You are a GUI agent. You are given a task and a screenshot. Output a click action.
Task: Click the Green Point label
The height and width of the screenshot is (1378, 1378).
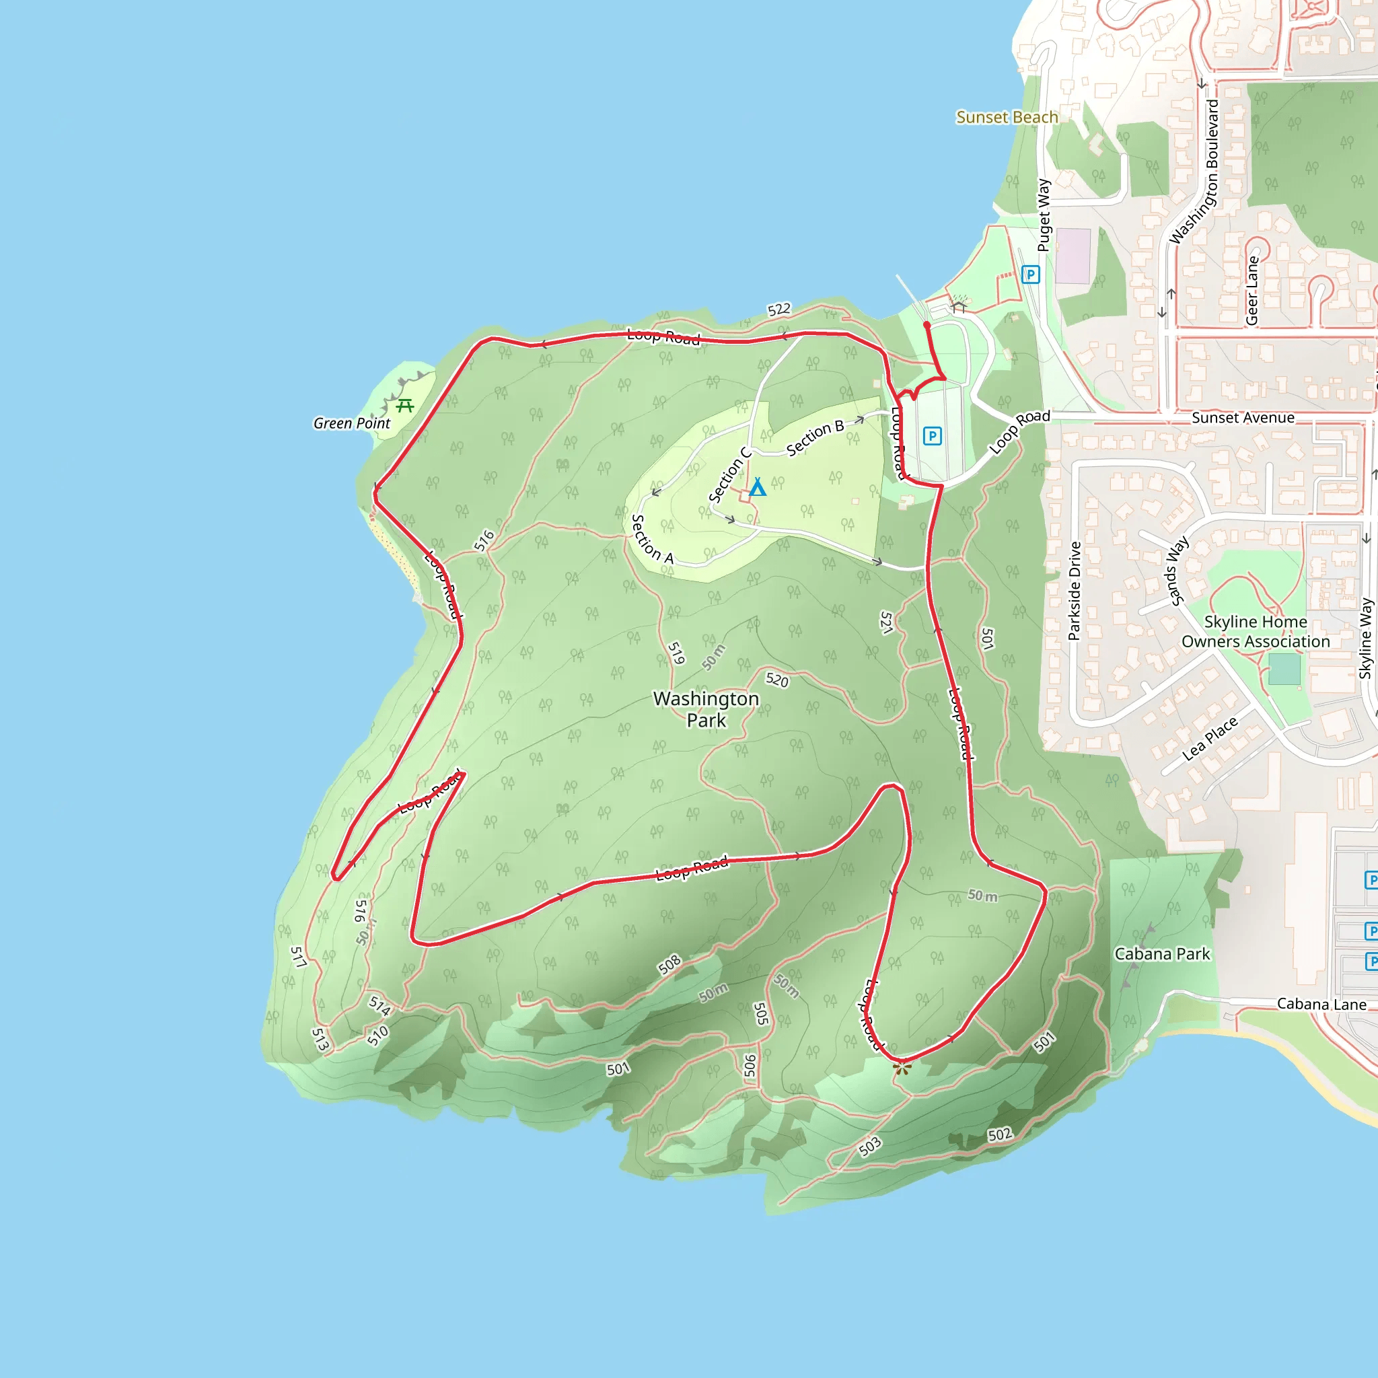(x=352, y=424)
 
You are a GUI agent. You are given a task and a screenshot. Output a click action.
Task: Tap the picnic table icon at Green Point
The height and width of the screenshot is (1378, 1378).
(x=405, y=406)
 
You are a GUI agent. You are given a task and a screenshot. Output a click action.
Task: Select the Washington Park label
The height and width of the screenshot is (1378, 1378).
(x=706, y=709)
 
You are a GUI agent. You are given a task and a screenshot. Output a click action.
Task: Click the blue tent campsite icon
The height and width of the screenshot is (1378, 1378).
(x=758, y=487)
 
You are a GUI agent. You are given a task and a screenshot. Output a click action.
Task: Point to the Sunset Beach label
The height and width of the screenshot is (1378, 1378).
(x=1007, y=118)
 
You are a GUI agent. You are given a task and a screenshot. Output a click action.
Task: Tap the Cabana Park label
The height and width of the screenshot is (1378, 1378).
(x=1162, y=954)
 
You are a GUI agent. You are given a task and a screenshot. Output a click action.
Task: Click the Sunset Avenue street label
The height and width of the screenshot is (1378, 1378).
(x=1243, y=418)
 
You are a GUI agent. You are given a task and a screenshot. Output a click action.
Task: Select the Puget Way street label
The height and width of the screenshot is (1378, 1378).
(x=1044, y=215)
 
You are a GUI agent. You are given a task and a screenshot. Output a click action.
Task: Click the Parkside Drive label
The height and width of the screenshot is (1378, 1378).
(x=1075, y=591)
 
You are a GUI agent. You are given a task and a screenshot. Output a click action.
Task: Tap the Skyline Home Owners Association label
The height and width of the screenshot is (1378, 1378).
(x=1256, y=632)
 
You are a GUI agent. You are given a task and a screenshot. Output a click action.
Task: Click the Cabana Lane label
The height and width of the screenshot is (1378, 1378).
(x=1321, y=1005)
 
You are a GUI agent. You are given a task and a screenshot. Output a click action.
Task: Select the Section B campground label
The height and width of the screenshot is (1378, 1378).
(x=815, y=438)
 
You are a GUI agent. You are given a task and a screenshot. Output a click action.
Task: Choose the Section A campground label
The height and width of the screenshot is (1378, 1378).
(x=652, y=539)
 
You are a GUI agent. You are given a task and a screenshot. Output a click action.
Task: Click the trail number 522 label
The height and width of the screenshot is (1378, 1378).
(x=779, y=310)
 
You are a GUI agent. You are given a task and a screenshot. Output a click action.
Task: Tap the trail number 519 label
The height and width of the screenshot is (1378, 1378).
(x=676, y=653)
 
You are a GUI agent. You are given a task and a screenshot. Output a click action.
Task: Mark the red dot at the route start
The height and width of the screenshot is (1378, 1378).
(x=927, y=325)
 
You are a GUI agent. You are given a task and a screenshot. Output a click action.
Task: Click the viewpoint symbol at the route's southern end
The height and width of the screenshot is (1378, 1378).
(x=902, y=1068)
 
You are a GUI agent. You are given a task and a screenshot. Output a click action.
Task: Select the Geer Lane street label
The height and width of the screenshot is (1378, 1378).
(x=1252, y=291)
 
